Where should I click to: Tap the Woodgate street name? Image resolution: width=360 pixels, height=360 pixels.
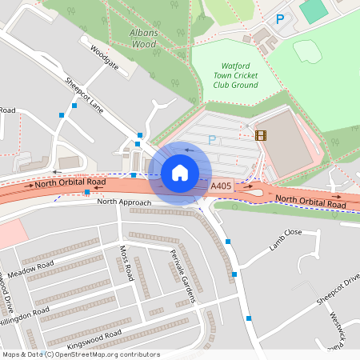point(104,58)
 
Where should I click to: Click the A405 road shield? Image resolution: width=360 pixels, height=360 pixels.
point(223,186)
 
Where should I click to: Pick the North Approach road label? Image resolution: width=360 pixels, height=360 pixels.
point(124,202)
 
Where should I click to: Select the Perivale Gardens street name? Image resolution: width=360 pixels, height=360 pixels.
point(183,276)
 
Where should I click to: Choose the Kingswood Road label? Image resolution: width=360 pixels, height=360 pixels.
point(94,338)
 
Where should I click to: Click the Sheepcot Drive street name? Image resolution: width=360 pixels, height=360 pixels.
point(338,290)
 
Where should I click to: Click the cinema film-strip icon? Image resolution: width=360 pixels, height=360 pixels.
point(260,135)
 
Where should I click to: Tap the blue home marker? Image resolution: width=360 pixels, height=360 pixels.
point(180,173)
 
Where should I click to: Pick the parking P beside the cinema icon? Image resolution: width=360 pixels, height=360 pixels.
point(212,140)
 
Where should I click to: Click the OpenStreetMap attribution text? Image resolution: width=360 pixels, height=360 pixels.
point(82,354)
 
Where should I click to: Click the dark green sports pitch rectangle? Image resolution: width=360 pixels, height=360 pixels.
point(314,11)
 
